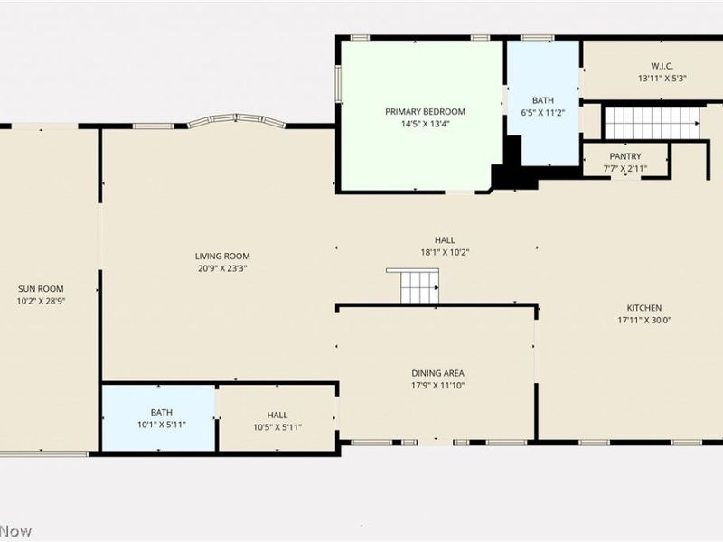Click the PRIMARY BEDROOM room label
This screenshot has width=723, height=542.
click(425, 111)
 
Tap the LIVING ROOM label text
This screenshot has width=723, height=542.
click(222, 257)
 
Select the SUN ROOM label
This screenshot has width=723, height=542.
click(41, 289)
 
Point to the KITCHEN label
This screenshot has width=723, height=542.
click(644, 308)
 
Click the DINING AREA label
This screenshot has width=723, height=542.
click(437, 373)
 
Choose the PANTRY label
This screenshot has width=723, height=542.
click(625, 156)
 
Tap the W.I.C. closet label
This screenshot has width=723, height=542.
click(662, 66)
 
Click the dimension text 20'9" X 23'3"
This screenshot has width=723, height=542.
click(222, 268)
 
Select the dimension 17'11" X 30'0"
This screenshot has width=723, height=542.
click(644, 321)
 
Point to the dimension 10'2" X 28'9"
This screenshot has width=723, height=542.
click(41, 302)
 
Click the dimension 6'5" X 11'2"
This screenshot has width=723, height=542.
click(543, 112)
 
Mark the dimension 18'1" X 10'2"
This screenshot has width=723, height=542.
click(445, 253)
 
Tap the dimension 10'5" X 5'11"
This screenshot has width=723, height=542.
click(277, 427)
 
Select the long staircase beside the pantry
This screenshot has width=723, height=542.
click(652, 123)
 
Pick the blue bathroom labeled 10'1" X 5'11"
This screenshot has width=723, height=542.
click(158, 417)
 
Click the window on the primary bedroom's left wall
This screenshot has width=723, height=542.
click(338, 83)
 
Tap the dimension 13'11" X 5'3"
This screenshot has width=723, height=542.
click(662, 79)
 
